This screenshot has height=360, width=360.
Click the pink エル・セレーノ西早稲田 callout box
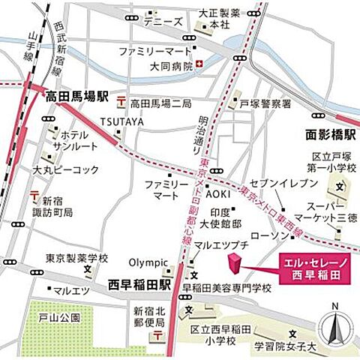313,268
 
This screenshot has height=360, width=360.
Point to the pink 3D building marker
235,265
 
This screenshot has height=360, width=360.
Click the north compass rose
335,326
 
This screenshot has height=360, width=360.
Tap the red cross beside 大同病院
198,65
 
